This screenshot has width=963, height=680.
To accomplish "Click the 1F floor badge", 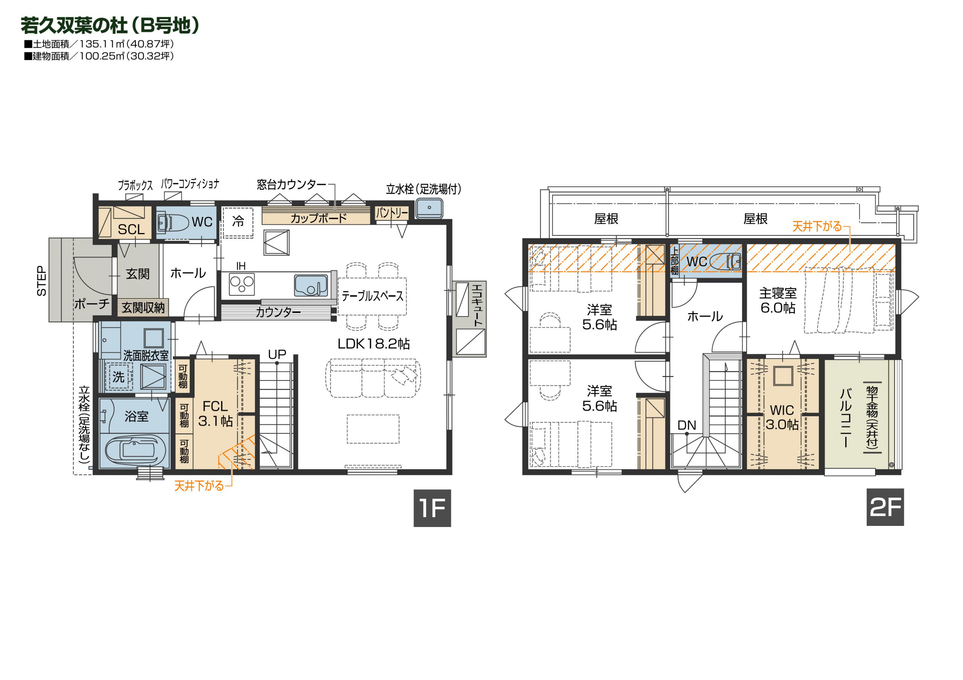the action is click(432, 508).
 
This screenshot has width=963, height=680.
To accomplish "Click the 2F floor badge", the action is click(885, 507).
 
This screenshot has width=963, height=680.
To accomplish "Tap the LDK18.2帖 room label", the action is click(373, 344).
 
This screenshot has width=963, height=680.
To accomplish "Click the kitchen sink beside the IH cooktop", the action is click(311, 285).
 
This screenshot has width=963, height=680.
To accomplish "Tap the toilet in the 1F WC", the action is click(173, 222).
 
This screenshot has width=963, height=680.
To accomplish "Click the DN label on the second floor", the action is click(687, 425).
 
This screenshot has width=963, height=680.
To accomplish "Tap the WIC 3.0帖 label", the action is click(782, 417).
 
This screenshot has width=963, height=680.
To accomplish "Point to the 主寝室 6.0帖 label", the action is click(778, 300).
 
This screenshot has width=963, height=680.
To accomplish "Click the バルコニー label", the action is click(846, 418).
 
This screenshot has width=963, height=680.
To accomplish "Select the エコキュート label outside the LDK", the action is click(477, 306).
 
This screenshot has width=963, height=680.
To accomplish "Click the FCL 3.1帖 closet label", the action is click(215, 413).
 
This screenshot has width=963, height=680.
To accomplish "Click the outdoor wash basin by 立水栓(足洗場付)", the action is click(429, 208).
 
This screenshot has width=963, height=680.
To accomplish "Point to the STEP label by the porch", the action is click(41, 281).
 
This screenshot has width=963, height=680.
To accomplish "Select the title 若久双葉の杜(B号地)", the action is click(110, 25).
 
